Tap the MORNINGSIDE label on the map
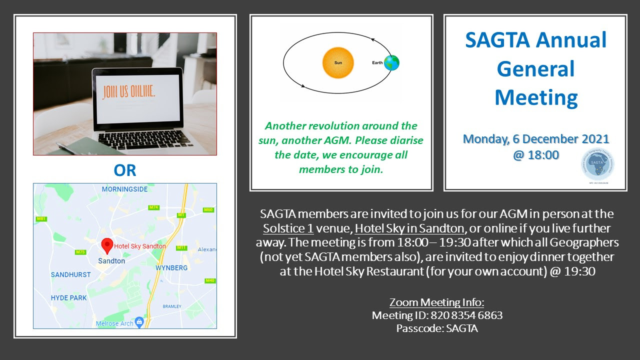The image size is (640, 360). tap(124, 189)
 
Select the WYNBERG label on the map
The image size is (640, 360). tap(171, 268)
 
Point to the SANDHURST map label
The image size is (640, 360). tap(71, 274)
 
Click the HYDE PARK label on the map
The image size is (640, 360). tap(68, 298)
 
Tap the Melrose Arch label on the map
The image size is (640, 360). tap(115, 323)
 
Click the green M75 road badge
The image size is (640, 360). tap(80, 252)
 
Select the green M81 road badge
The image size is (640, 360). tap(41, 219)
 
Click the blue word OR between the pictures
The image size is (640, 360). tap(125, 170)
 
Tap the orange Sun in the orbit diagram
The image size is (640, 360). tap(338, 62)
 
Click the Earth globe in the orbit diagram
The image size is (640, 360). tap(392, 62)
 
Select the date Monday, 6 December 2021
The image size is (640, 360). tap(536, 139)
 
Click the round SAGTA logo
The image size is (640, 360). tap(598, 165)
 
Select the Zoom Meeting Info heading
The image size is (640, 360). tap(437, 302)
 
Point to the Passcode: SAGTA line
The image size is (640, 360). tap(437, 328)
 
